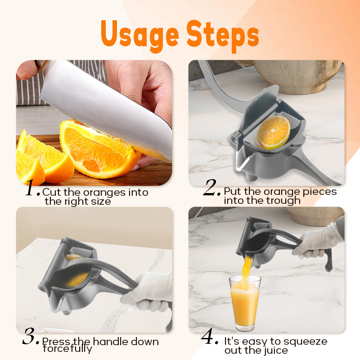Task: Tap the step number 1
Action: pyautogui.click(x=32, y=189)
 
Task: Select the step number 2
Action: pyautogui.click(x=211, y=189)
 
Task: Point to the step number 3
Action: pyautogui.click(x=30, y=338)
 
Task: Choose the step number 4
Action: pyautogui.click(x=210, y=338)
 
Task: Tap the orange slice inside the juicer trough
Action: pyautogui.click(x=274, y=132)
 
